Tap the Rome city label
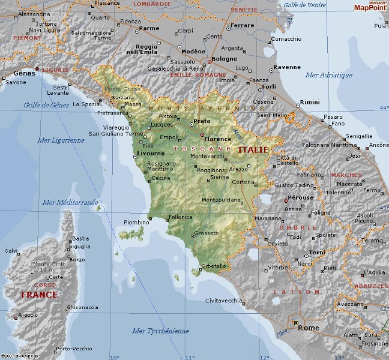point(309,328)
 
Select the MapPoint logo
point(370,7)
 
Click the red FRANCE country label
point(39,295)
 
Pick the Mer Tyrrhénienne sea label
point(160,331)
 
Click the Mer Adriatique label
point(328,75)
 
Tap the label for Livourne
point(151,154)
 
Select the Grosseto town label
point(207,233)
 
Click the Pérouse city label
point(300,197)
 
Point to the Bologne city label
point(224,59)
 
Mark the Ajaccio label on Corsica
point(28,314)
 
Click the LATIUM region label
point(297,292)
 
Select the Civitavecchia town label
point(224,300)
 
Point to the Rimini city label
point(310,103)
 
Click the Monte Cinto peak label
point(50,264)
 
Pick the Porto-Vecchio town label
point(73,349)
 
